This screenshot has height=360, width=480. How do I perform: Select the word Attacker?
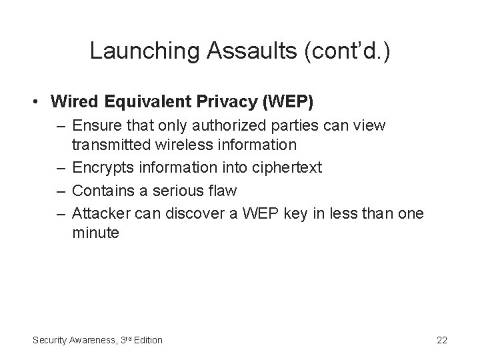pos(99,213)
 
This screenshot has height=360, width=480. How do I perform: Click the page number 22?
pos(441,340)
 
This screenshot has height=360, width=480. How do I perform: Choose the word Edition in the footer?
pos(147,340)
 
